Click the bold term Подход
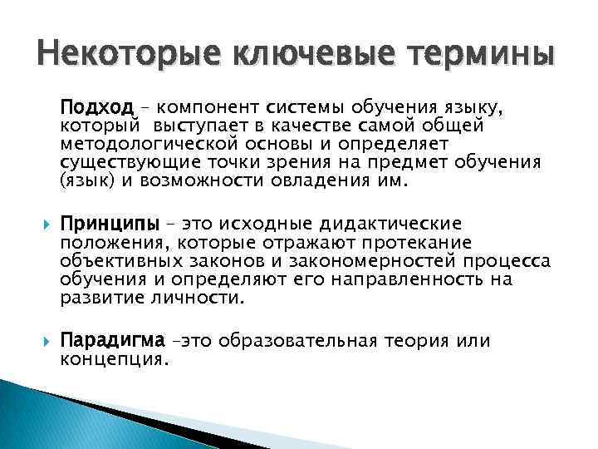click(x=96, y=108)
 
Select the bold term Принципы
click(x=104, y=224)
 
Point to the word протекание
click(x=421, y=243)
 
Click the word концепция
click(x=114, y=360)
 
